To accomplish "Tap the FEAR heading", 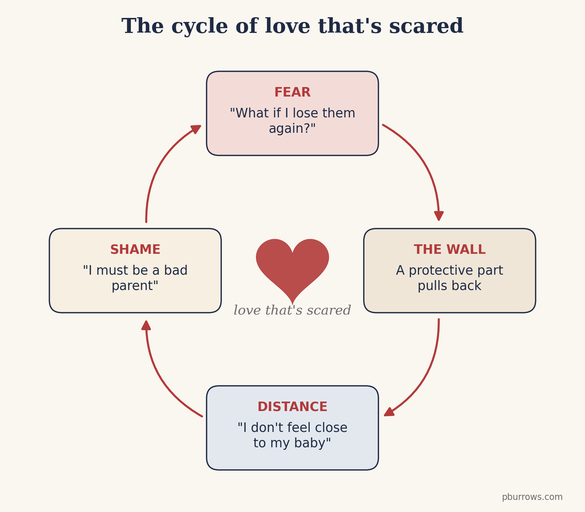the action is (x=292, y=93).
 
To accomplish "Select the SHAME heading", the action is (x=135, y=250).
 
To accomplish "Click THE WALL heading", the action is (x=450, y=250).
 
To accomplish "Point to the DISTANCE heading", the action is (x=292, y=407).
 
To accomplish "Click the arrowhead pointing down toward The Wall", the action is (x=439, y=216).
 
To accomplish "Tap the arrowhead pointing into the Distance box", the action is (x=389, y=412).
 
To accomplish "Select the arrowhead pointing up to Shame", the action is (x=146, y=325).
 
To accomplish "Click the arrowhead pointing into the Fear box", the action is (x=196, y=129).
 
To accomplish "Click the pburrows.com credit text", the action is (x=532, y=497).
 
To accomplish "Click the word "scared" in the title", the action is (x=426, y=27).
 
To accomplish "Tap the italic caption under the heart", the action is (x=292, y=310).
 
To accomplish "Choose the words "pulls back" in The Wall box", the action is (x=450, y=286).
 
